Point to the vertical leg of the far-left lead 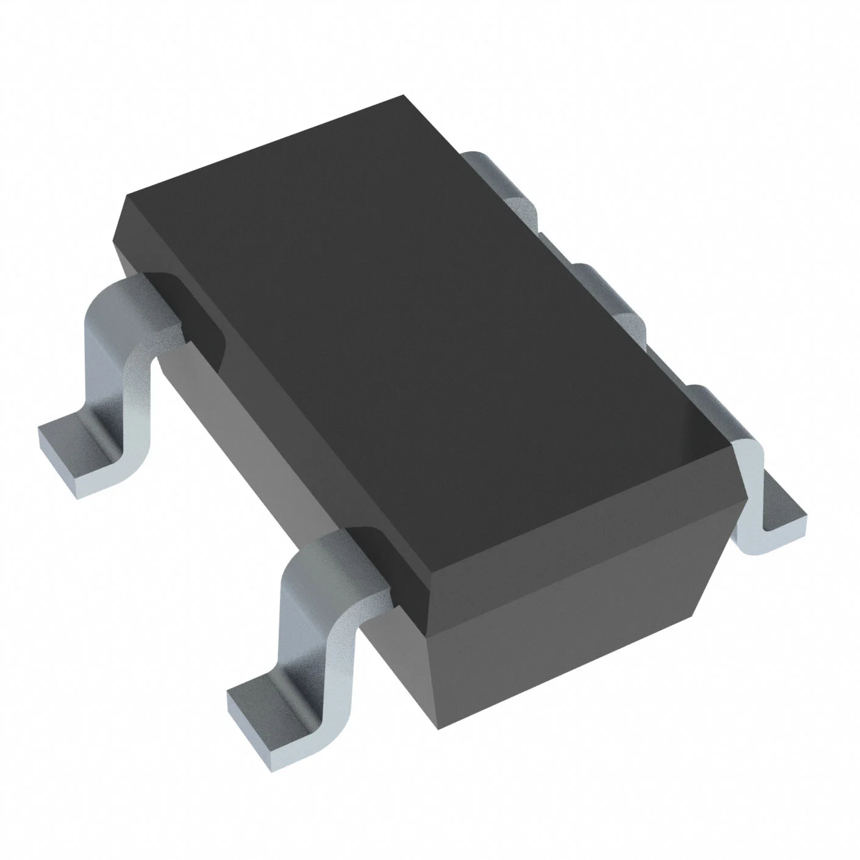tap(122, 378)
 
